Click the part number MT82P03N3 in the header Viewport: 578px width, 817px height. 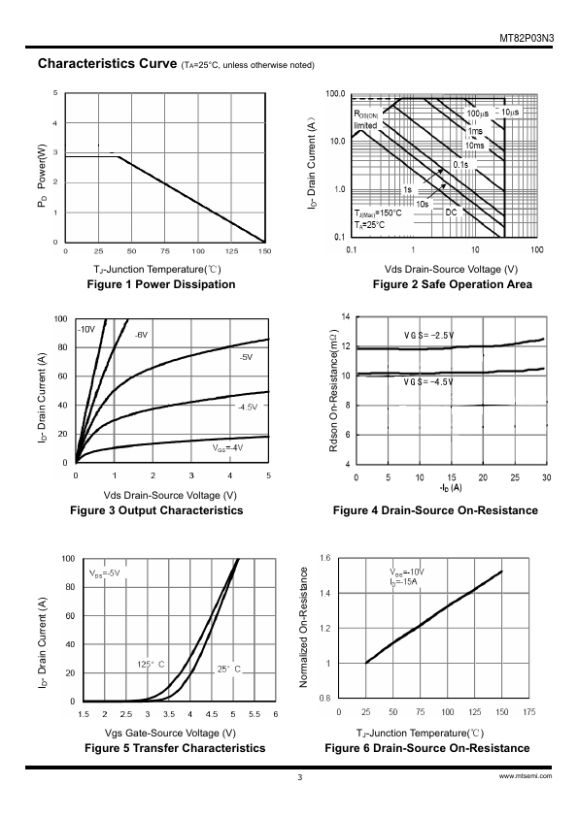pyautogui.click(x=527, y=39)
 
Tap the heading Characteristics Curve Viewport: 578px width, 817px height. pyautogui.click(x=108, y=64)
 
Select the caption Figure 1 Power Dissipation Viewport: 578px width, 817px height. pyautogui.click(x=160, y=284)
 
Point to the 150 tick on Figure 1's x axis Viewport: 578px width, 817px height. pyautogui.click(x=264, y=251)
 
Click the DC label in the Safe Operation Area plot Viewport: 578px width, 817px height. pyautogui.click(x=451, y=212)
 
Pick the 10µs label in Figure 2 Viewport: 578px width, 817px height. pyautogui.click(x=510, y=113)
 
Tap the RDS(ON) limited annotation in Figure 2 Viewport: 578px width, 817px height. pyautogui.click(x=365, y=120)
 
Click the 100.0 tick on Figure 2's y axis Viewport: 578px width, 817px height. pyautogui.click(x=335, y=94)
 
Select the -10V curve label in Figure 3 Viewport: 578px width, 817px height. pyautogui.click(x=86, y=329)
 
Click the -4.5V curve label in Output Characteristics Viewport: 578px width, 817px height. pyautogui.click(x=248, y=407)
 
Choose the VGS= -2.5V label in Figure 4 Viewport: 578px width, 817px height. pyautogui.click(x=428, y=335)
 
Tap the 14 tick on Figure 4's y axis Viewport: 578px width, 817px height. pyautogui.click(x=346, y=316)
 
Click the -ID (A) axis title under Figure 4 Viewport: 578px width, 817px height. pyautogui.click(x=451, y=488)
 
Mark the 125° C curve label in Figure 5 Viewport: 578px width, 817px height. pyautogui.click(x=151, y=665)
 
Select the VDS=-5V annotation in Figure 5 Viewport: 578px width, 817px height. pyautogui.click(x=105, y=573)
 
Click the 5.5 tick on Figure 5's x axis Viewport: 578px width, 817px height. pyautogui.click(x=255, y=714)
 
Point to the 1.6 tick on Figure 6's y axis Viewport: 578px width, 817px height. pyautogui.click(x=325, y=558)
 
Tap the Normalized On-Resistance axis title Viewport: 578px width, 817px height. pyautogui.click(x=304, y=628)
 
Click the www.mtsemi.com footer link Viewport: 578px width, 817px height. pyautogui.click(x=526, y=776)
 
